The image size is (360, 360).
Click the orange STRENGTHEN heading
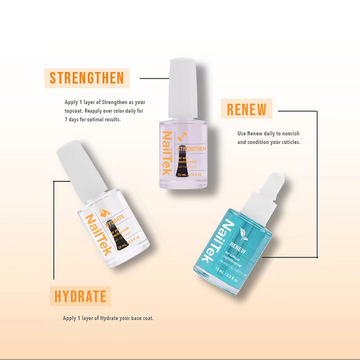point(86,78)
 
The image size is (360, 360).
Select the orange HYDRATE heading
point(80,296)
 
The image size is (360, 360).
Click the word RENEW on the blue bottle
point(238,245)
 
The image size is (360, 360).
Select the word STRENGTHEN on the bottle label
point(191,148)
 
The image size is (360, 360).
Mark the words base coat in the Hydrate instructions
point(140,319)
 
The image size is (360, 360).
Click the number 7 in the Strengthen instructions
point(67,119)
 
